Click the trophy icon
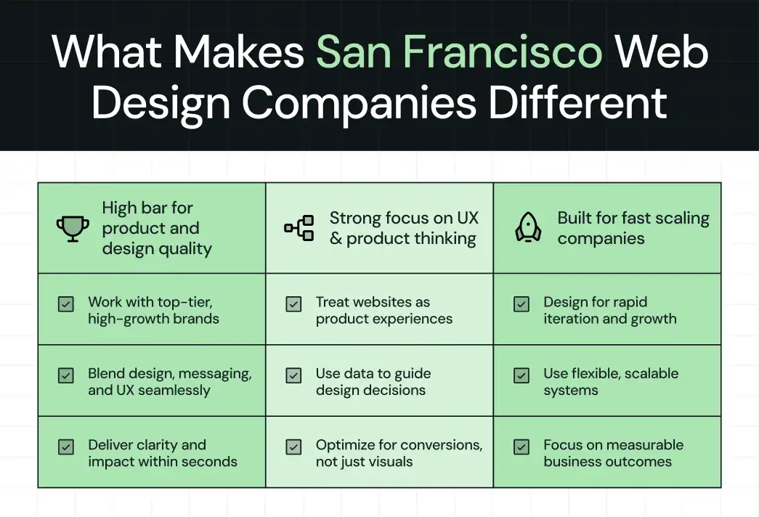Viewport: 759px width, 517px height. coord(73,229)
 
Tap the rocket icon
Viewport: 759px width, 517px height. coord(528,228)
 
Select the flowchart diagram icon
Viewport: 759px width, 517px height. coord(299,228)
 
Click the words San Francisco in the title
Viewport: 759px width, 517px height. coord(459,52)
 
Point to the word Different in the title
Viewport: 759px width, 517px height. coord(577,102)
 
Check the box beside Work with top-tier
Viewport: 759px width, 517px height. coord(66,304)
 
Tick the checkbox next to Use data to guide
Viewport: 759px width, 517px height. coord(293,375)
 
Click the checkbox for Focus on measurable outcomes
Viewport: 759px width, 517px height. coord(521,447)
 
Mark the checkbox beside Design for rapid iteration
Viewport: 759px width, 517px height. coord(521,304)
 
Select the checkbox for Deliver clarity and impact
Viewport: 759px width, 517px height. coord(66,447)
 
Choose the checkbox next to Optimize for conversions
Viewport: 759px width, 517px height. coord(293,447)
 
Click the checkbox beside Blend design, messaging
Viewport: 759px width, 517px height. coord(66,375)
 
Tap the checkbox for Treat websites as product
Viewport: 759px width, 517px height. coord(293,304)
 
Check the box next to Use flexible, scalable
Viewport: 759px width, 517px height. coord(521,375)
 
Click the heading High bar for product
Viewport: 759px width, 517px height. coord(157,228)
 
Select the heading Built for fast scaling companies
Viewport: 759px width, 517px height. coord(633,228)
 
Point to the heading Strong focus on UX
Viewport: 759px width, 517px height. coord(403,228)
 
